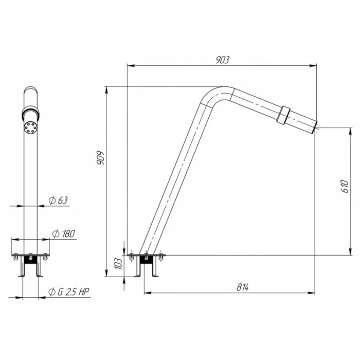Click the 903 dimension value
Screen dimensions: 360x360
(222, 60)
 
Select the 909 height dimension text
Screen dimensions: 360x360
(101, 157)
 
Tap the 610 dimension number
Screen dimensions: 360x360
(345, 186)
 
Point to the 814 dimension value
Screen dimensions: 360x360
(242, 287)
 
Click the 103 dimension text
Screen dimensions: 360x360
(118, 263)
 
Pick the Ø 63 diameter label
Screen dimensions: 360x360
(58, 200)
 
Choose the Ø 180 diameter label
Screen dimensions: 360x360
(64, 233)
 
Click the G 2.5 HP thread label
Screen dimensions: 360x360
(68, 292)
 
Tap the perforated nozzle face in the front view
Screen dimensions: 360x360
(30, 127)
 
